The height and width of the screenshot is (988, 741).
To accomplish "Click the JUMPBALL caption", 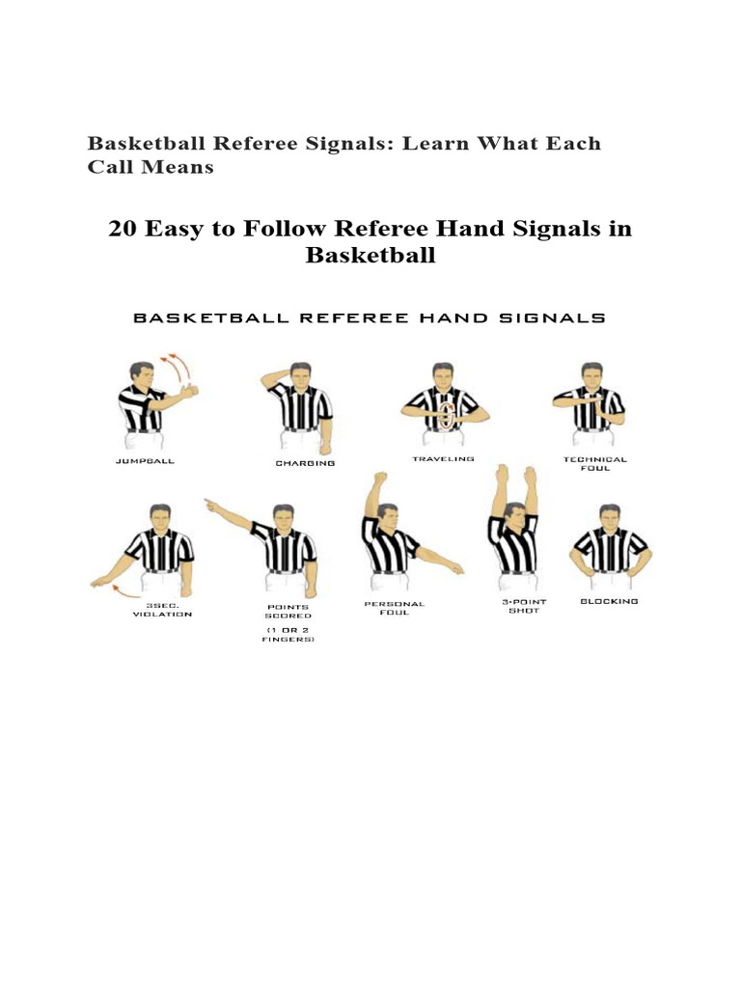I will point(145,461).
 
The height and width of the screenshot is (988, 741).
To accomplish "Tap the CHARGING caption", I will point(305,463).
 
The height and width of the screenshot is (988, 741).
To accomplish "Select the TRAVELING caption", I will point(443,459).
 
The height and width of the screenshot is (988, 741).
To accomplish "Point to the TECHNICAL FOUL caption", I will point(595,464).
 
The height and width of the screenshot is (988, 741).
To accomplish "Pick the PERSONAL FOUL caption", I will point(394,608).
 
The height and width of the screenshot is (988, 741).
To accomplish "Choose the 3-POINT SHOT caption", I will point(526,606).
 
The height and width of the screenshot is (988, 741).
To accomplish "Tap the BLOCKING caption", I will point(609,601).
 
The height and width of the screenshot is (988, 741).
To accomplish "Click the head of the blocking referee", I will point(609,516).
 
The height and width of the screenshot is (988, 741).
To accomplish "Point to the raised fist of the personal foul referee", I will point(380,479).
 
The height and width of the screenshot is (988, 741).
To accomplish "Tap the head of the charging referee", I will point(300,373).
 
